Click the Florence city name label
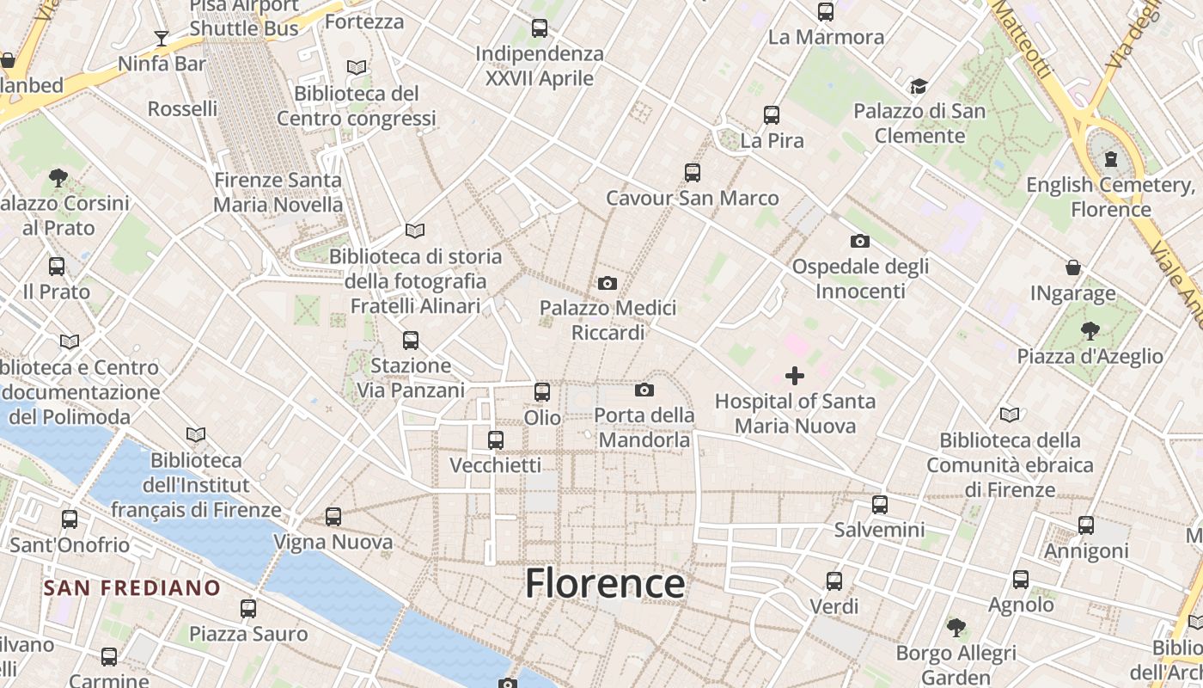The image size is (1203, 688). pos(605,583)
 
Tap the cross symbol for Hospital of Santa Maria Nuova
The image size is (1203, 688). pos(795,376)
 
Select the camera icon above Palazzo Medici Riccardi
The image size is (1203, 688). pos(608,283)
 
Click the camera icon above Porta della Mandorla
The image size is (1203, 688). pos(644,390)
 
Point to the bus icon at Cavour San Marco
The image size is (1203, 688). pos(693,173)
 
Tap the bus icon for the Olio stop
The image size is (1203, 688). pos(542,392)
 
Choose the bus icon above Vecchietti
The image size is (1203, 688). pos(496,440)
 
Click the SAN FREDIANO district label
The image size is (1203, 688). pos(132,588)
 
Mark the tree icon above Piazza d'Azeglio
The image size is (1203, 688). pos(1090,330)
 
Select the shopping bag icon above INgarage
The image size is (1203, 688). pos(1072,267)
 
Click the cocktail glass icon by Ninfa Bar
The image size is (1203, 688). pos(162,38)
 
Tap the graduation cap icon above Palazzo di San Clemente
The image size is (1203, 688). pos(919,86)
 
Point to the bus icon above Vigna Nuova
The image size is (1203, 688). pos(333,517)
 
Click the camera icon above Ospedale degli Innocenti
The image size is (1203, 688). pos(860,241)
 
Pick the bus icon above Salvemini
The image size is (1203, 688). pos(879,505)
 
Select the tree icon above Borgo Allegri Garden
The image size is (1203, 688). pos(956,628)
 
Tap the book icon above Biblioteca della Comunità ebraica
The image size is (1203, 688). pos(1010,415)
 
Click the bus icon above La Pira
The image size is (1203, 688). pos(772,114)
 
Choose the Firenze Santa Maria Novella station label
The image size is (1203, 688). pos(278,193)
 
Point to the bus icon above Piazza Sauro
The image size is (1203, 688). pos(248,609)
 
